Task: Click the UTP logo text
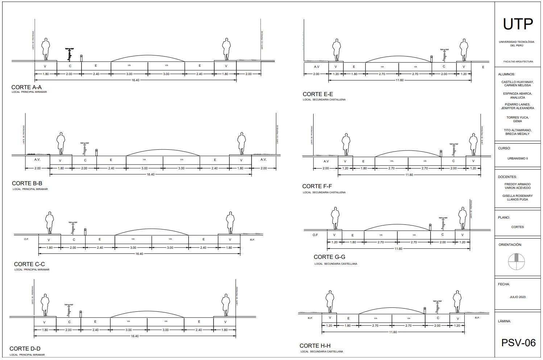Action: click(518, 25)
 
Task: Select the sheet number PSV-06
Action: click(518, 343)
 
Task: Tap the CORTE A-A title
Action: click(26, 87)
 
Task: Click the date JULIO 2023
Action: click(517, 297)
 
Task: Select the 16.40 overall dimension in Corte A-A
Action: click(135, 80)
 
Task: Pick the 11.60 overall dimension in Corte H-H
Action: click(393, 332)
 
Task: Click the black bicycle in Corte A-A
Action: click(69, 54)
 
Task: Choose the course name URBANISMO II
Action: click(518, 158)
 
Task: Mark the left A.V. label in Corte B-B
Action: click(37, 160)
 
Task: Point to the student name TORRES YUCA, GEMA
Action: click(518, 119)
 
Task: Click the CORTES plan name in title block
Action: click(517, 227)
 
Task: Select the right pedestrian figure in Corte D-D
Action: click(225, 305)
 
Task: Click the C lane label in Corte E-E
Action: click(444, 66)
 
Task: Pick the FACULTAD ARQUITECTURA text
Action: click(518, 62)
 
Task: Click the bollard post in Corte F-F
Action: click(441, 153)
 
